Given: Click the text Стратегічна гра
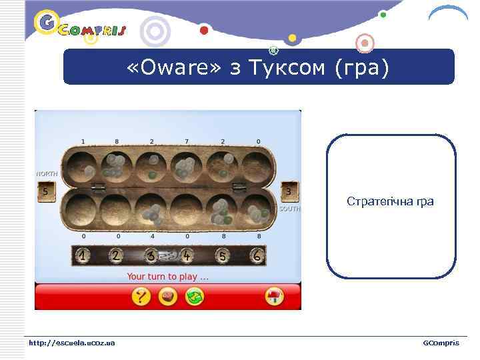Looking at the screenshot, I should pyautogui.click(x=390, y=201).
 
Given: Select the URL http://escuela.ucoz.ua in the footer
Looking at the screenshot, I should pyautogui.click(x=71, y=343).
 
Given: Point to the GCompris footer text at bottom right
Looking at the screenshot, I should pyautogui.click(x=441, y=343).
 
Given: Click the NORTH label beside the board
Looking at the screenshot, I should pyautogui.click(x=47, y=174).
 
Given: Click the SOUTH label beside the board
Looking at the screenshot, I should pyautogui.click(x=290, y=209).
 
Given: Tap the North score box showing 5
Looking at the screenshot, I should pyautogui.click(x=45, y=191).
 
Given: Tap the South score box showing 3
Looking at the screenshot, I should pyautogui.click(x=288, y=191).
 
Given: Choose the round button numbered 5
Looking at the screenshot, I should pyautogui.click(x=223, y=255).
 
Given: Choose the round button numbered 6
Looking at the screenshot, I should pyautogui.click(x=257, y=255).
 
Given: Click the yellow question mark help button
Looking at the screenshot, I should pyautogui.click(x=141, y=297).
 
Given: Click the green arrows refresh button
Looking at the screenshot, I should pyautogui.click(x=195, y=297).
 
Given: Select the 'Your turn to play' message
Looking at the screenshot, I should pyautogui.click(x=167, y=276).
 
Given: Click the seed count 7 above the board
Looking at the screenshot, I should pyautogui.click(x=187, y=141).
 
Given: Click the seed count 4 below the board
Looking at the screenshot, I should pyautogui.click(x=153, y=236).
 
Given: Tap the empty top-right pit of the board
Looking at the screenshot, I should pyautogui.click(x=257, y=167).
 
